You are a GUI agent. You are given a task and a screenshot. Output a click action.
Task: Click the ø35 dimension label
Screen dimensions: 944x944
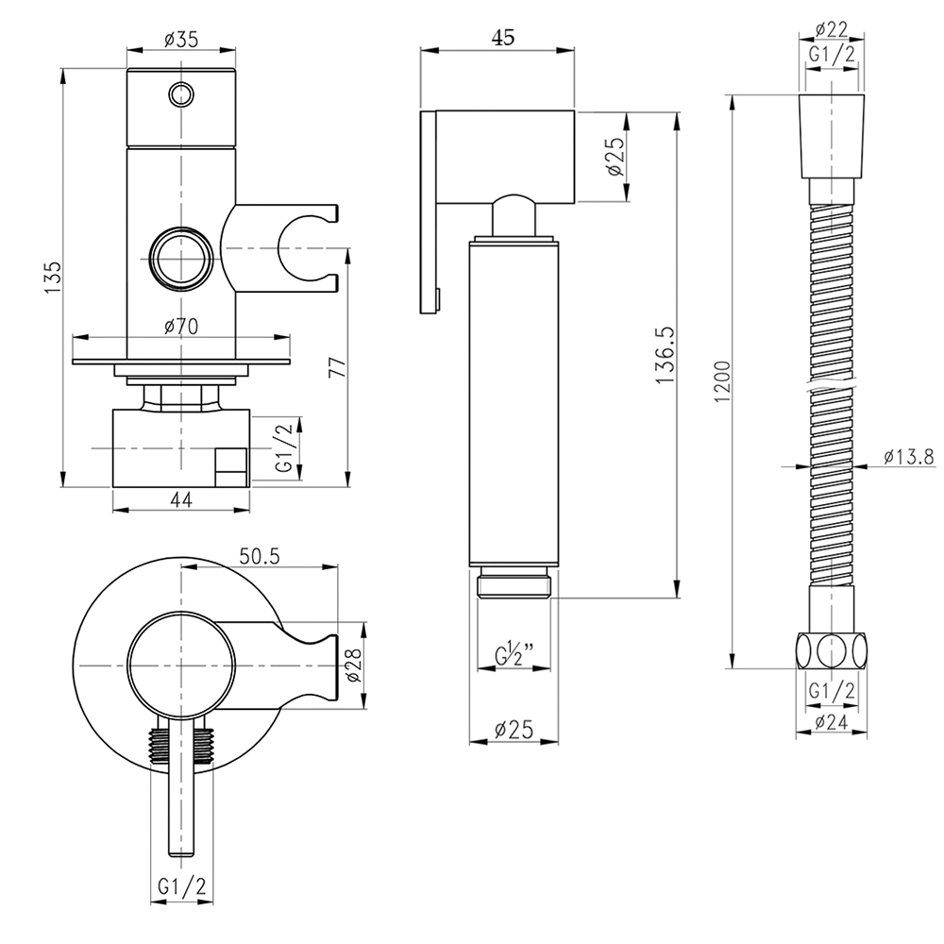(180, 40)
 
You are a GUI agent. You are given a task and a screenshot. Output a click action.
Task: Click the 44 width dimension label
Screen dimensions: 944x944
(182, 500)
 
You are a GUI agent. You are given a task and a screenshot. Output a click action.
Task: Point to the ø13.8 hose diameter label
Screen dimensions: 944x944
(909, 457)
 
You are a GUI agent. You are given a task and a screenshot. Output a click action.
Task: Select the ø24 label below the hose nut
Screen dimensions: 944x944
(832, 723)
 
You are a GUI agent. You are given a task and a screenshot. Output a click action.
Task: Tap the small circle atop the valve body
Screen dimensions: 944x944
(180, 93)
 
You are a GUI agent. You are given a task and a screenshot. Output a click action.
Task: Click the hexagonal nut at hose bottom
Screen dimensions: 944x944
(832, 650)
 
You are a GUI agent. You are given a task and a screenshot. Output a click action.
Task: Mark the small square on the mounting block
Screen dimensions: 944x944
(231, 464)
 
